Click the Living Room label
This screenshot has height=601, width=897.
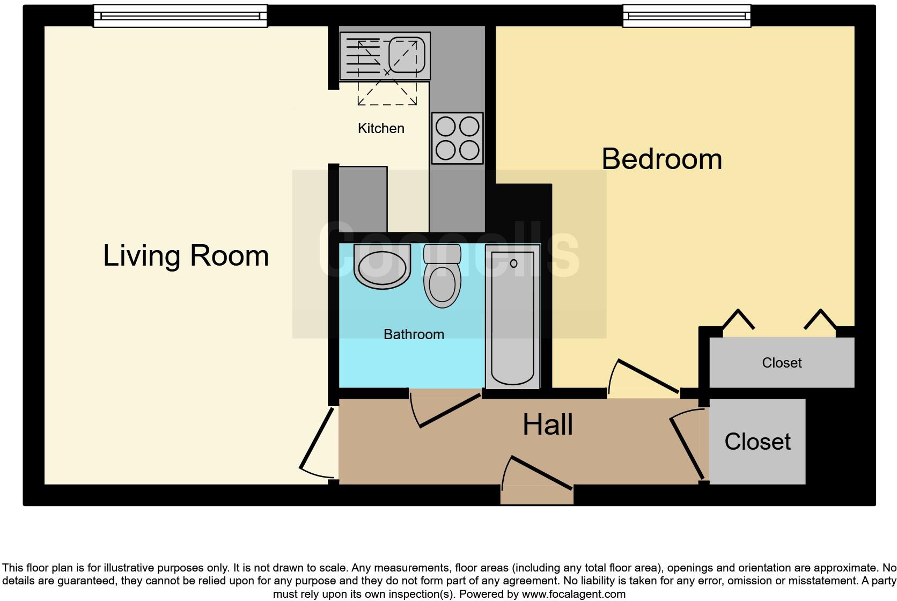point(186,255)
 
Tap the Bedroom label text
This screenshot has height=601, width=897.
point(661,159)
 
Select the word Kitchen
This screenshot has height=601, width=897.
point(381,128)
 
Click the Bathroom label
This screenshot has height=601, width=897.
point(414,334)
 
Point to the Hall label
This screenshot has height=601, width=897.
point(548,424)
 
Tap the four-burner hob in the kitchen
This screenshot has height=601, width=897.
point(457,138)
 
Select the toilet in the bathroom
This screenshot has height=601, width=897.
point(442,279)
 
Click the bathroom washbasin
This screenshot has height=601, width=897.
point(381,267)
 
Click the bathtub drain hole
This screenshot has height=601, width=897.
point(513,263)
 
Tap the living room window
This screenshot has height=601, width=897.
point(180,16)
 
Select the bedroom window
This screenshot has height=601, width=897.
point(686,16)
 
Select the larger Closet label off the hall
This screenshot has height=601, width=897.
point(757,442)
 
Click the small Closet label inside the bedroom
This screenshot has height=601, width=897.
point(782,363)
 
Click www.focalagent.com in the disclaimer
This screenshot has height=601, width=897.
point(574,594)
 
